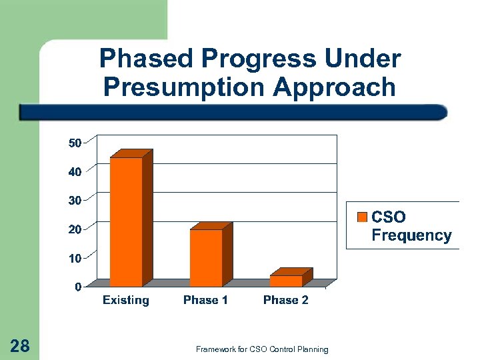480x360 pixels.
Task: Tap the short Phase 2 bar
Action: [286, 281]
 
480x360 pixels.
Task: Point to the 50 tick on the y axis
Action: [75, 143]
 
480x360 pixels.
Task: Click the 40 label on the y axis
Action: [75, 171]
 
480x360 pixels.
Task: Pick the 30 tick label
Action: [75, 200]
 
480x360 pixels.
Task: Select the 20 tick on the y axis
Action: [75, 229]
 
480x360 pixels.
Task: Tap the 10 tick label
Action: [75, 258]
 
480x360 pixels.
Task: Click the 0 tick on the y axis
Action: [78, 287]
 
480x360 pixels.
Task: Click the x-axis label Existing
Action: [126, 300]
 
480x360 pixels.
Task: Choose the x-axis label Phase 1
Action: [205, 300]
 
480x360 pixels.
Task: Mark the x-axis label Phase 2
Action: [285, 300]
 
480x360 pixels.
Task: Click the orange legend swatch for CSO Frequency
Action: [363, 217]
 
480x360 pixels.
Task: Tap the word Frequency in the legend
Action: [411, 235]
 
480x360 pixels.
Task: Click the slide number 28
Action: [20, 345]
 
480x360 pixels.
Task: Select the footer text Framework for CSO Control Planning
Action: [262, 349]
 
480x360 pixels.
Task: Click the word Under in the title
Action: [363, 59]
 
